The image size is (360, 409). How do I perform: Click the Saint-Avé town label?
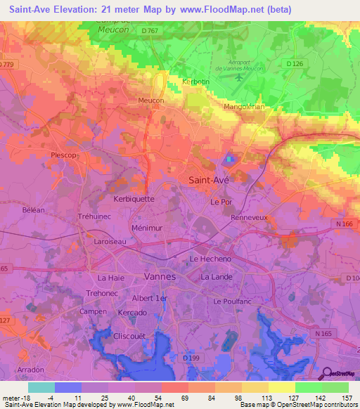coord(209,180)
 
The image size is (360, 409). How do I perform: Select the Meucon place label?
coord(151,100)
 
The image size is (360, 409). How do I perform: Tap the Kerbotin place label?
coord(196,82)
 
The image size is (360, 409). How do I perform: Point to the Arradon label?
coord(30,369)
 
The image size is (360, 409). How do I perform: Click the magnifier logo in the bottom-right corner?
coord(326,375)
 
